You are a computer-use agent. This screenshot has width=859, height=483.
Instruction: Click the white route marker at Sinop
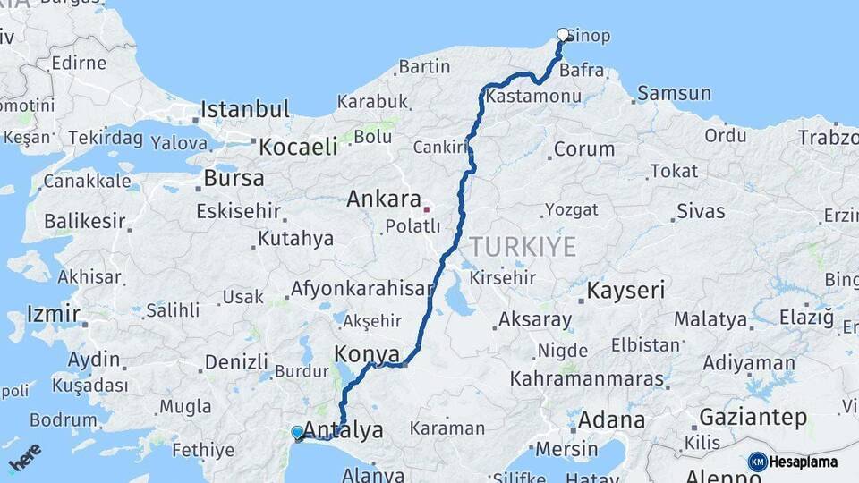(x=563, y=35)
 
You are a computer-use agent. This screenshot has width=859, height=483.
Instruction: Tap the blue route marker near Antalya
(x=297, y=433)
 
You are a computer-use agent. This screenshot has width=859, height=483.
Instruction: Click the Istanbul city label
(x=244, y=110)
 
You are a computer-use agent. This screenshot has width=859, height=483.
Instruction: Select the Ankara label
(x=384, y=199)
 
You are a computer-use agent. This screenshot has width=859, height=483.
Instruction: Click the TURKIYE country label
(x=523, y=247)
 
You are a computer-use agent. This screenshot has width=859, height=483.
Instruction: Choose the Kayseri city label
(x=625, y=291)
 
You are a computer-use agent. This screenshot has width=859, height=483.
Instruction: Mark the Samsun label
(x=674, y=93)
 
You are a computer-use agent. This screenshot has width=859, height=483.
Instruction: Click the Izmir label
(x=54, y=314)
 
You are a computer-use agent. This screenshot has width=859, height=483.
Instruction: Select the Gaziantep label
(x=753, y=417)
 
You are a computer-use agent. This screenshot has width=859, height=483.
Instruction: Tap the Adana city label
(x=611, y=419)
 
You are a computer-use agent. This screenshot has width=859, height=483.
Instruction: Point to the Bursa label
(x=234, y=178)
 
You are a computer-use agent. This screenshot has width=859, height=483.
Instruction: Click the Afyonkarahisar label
(x=361, y=290)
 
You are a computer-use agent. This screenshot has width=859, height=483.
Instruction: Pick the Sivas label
(x=701, y=211)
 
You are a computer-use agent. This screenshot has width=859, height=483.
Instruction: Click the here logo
(x=25, y=459)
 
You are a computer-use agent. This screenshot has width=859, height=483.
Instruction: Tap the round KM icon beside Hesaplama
(x=758, y=462)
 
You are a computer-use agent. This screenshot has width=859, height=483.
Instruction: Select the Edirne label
(x=79, y=64)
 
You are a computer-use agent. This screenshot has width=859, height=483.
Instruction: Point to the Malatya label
(x=710, y=319)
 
